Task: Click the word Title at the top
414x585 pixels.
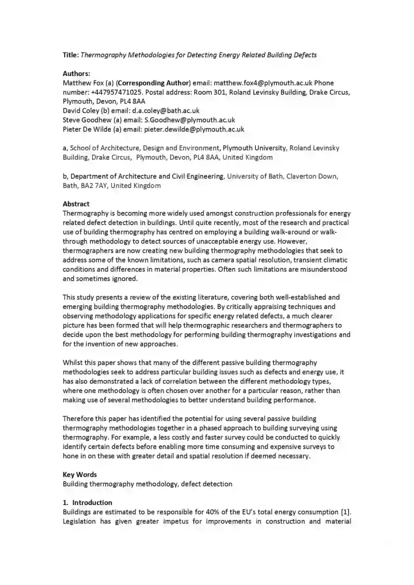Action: [x=70, y=55]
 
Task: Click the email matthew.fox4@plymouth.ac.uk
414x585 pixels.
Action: [x=263, y=83]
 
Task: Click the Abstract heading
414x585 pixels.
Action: [x=76, y=204]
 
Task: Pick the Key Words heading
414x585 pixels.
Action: [x=79, y=475]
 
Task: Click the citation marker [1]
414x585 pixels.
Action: [x=344, y=512]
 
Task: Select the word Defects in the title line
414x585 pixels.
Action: [x=304, y=55]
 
